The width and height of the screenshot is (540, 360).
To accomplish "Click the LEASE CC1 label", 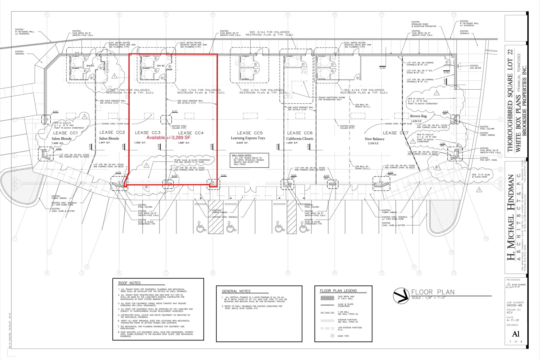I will pyautogui.click(x=65, y=133).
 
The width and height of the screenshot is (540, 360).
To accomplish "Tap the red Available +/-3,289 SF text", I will pyautogui.click(x=168, y=138).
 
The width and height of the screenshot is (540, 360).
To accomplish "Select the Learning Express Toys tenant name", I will pyautogui.click(x=248, y=138).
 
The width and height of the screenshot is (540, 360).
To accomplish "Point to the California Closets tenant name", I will pyautogui.click(x=300, y=139).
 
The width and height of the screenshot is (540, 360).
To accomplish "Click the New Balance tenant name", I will pyautogui.click(x=374, y=139).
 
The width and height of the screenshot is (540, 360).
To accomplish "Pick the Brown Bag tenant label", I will pyautogui.click(x=418, y=116).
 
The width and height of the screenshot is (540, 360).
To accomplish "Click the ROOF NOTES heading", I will pyautogui.click(x=129, y=283).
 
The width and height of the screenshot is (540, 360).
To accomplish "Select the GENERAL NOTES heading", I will pyautogui.click(x=236, y=291).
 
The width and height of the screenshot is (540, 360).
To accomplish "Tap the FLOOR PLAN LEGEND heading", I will pyautogui.click(x=338, y=291).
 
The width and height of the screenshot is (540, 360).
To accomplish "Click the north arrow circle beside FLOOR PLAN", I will pyautogui.click(x=401, y=296).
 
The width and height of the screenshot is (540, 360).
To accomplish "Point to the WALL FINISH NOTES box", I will pyautogui.click(x=249, y=160).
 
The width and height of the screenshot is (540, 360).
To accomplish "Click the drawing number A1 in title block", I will pyautogui.click(x=516, y=334).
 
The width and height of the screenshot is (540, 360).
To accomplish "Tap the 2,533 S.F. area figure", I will pyautogui.click(x=242, y=143).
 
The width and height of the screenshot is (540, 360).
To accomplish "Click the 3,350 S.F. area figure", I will pyautogui.click(x=374, y=143).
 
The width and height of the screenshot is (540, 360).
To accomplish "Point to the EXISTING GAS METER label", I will pyautogui.click(x=475, y=67).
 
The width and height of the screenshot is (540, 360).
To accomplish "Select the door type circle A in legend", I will pyautogui.click(x=332, y=336).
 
